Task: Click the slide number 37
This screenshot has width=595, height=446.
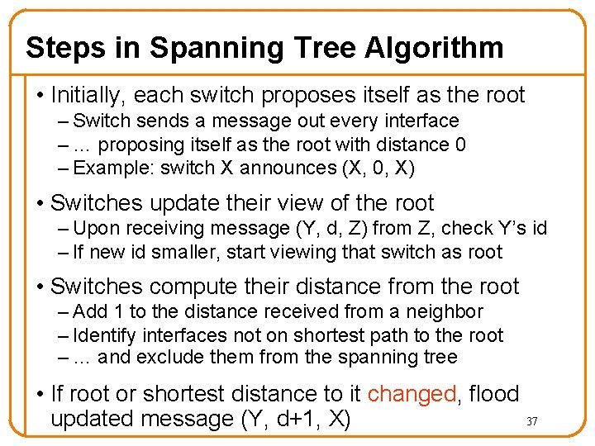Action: (532, 422)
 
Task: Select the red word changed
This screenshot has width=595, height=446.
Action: (411, 394)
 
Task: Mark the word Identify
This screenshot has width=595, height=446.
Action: (105, 334)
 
